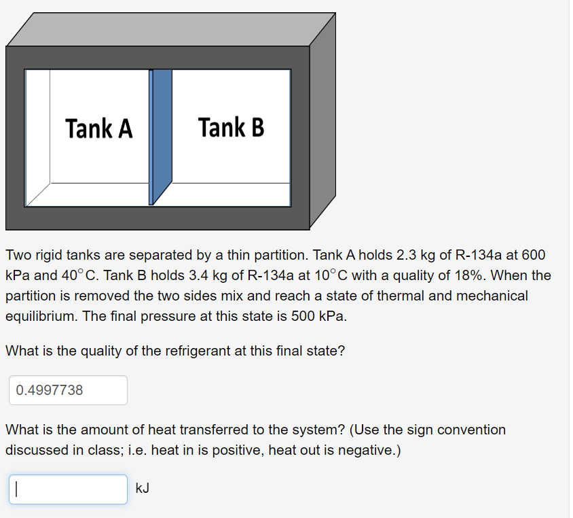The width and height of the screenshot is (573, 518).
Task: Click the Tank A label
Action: coord(99,128)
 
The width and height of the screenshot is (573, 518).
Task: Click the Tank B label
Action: coord(231,127)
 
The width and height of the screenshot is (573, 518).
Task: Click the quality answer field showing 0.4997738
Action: coord(68,390)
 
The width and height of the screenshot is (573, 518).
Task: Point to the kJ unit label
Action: coord(143,488)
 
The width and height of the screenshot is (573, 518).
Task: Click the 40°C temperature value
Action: coord(78,276)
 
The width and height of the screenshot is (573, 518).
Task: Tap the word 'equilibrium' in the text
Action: coord(40,317)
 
